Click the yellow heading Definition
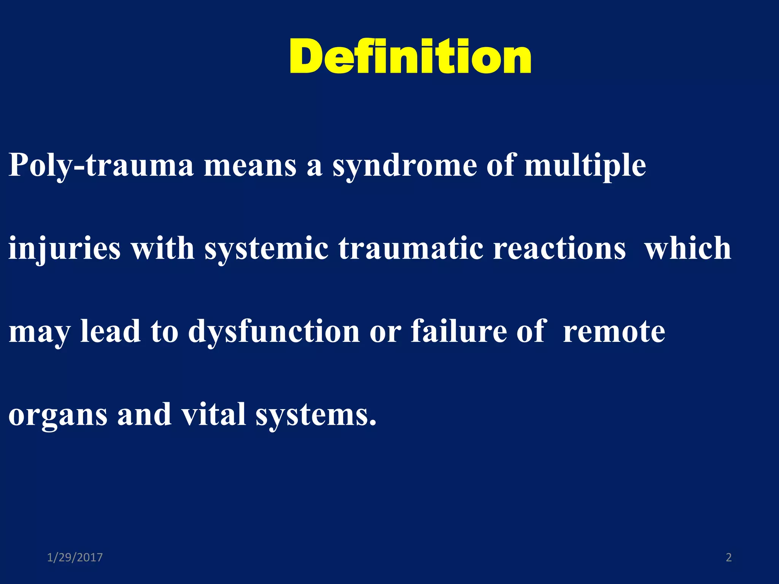(410, 57)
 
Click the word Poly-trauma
(101, 166)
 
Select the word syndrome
(405, 166)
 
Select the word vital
(213, 414)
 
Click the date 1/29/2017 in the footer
(75, 557)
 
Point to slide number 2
(728, 557)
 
